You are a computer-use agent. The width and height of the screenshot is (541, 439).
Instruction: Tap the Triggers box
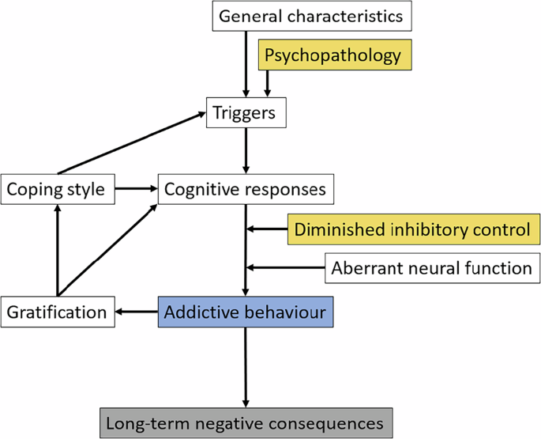[245, 113]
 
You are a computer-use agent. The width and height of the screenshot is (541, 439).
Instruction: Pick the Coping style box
[58, 190]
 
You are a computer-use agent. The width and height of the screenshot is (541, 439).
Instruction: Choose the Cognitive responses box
[246, 190]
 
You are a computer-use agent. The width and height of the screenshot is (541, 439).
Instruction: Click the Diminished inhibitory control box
[411, 229]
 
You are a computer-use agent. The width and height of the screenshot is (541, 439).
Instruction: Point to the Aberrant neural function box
[432, 268]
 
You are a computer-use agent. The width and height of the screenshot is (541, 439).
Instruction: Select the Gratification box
[56, 312]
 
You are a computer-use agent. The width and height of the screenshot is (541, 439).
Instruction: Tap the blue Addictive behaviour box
[246, 312]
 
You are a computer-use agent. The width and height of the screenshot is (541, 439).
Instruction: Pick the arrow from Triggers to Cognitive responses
[246, 150]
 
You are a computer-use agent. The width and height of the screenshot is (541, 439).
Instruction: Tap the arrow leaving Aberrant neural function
[286, 268]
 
